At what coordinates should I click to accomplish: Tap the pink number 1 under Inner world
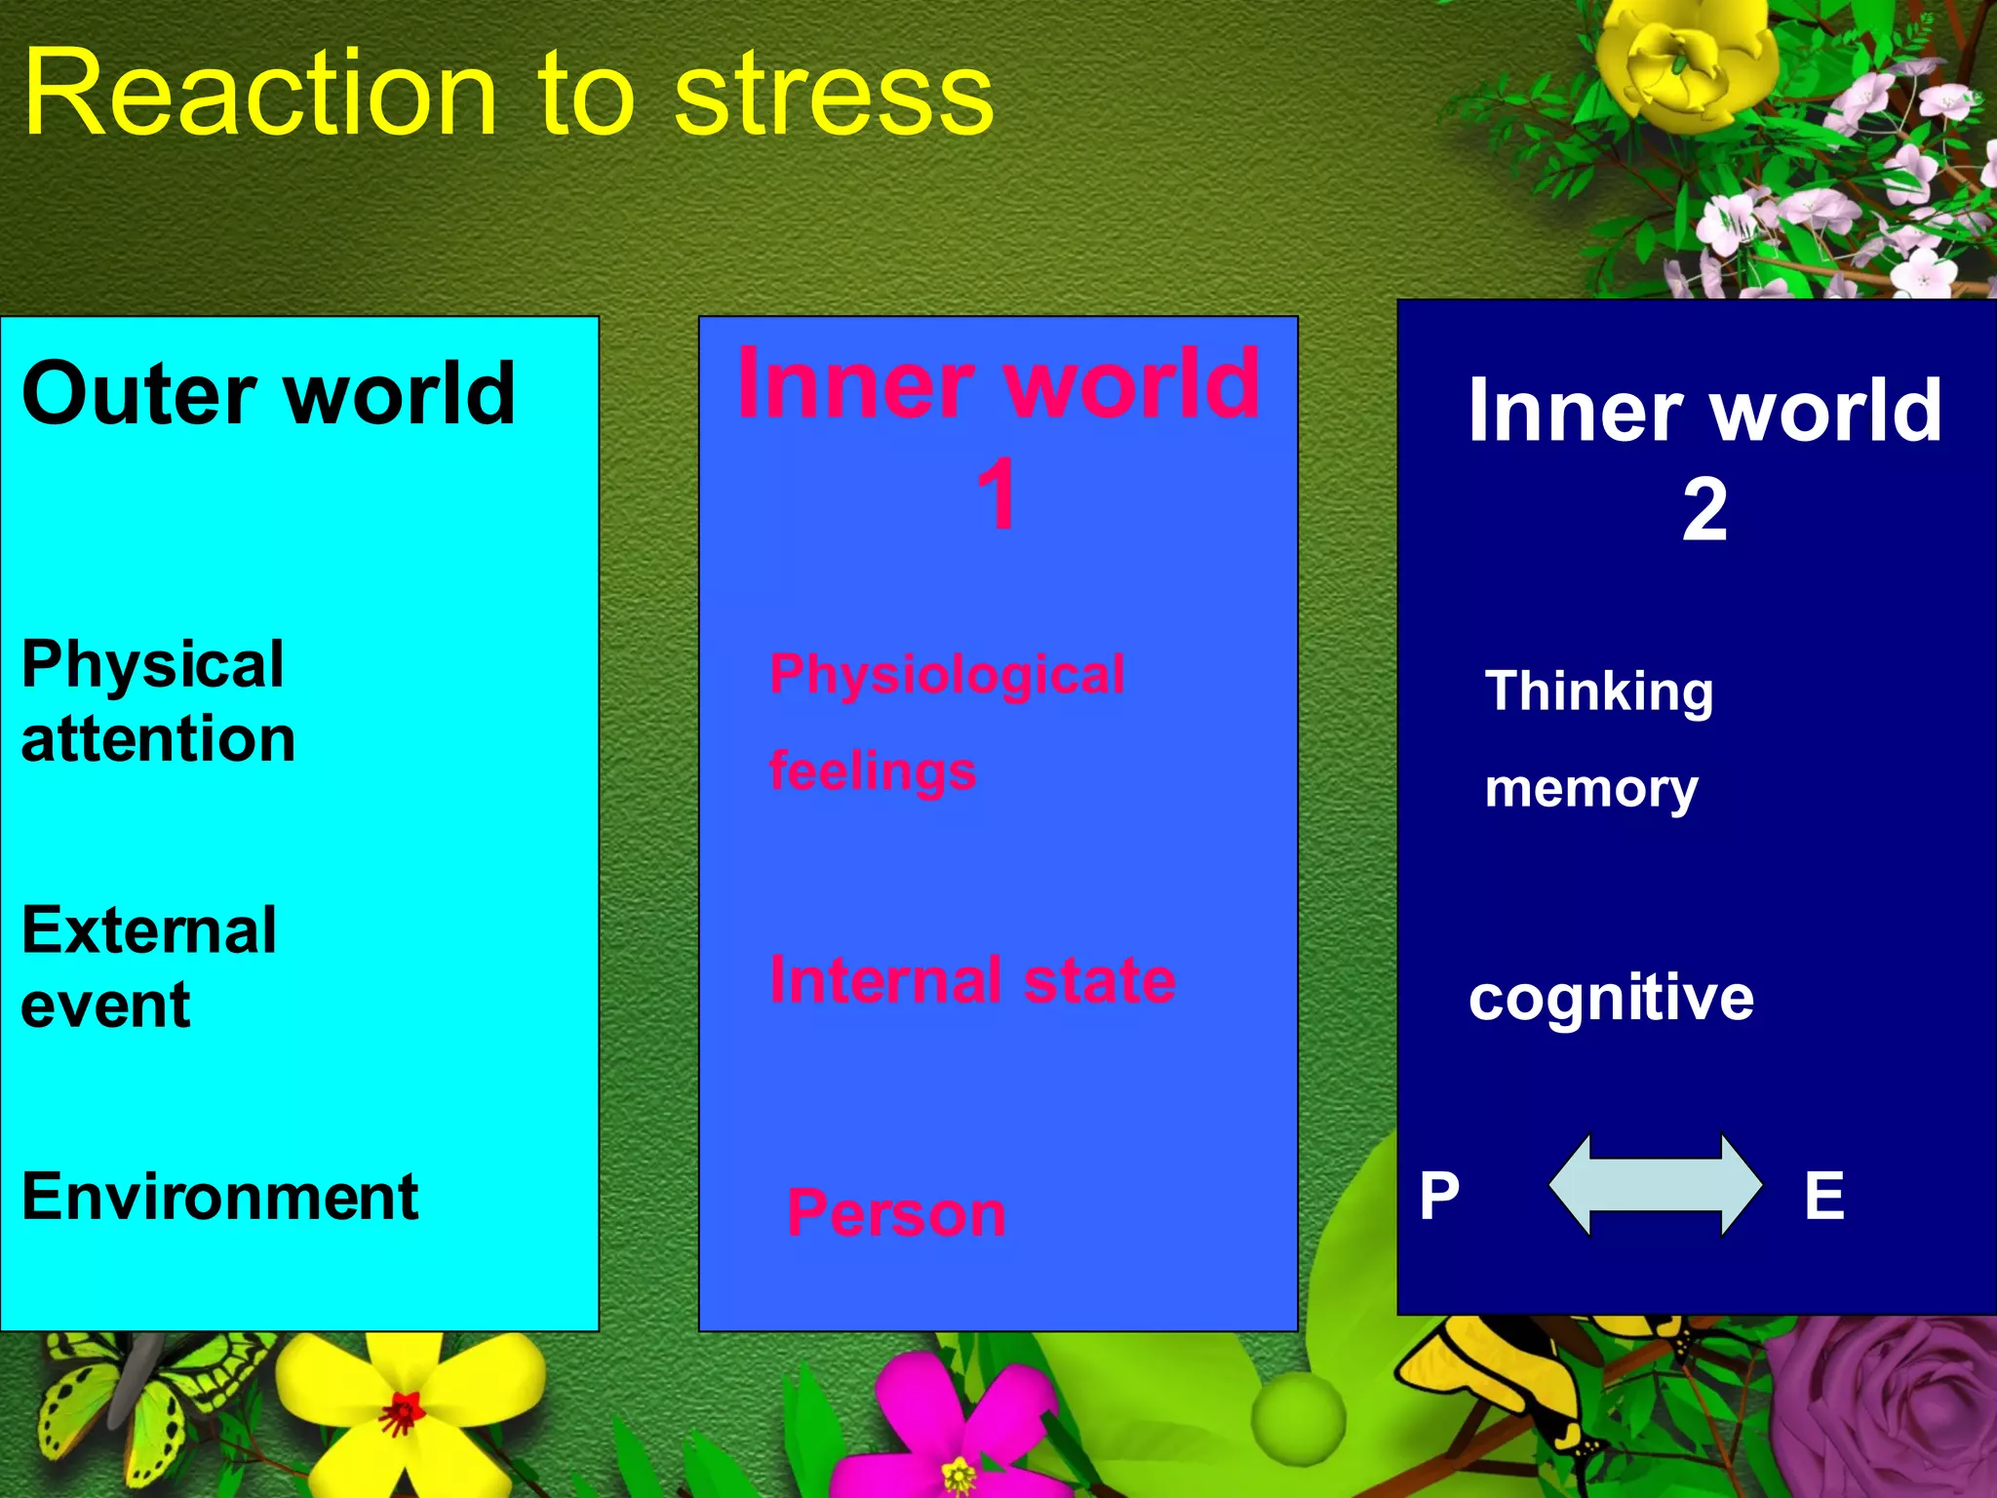point(997,495)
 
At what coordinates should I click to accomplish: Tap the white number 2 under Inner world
point(1703,510)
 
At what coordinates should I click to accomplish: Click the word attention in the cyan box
point(158,739)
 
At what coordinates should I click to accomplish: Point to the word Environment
point(220,1198)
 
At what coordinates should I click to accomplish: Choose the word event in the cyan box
point(105,1006)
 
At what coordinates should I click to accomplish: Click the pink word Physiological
point(947,675)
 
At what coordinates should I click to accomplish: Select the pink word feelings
point(873,772)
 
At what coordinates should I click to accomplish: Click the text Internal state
point(972,980)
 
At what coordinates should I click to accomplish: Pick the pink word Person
point(896,1214)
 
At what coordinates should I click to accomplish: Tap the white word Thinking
point(1599,692)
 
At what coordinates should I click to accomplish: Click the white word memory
point(1591,790)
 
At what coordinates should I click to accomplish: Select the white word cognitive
point(1611,999)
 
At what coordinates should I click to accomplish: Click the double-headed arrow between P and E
point(1655,1186)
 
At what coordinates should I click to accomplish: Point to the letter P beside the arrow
point(1439,1197)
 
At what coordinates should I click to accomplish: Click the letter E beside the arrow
point(1823,1196)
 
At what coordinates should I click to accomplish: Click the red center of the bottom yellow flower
point(402,1411)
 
